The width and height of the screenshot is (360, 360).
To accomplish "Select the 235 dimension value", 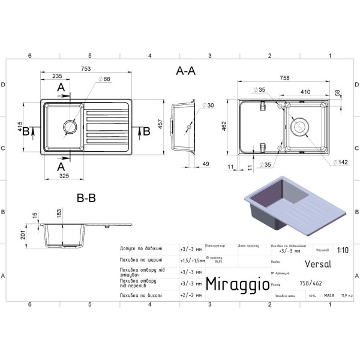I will click(56, 76).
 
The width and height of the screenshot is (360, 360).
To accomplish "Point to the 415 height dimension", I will click(20, 129).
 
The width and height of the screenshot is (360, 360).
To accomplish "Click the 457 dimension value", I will click(159, 124).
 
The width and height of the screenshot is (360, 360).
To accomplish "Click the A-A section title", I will click(185, 71).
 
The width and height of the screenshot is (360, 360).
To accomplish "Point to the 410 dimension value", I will click(305, 92).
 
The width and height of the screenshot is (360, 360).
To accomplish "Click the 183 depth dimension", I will click(59, 213).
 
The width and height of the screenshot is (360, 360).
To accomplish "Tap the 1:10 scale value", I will click(343, 252).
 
